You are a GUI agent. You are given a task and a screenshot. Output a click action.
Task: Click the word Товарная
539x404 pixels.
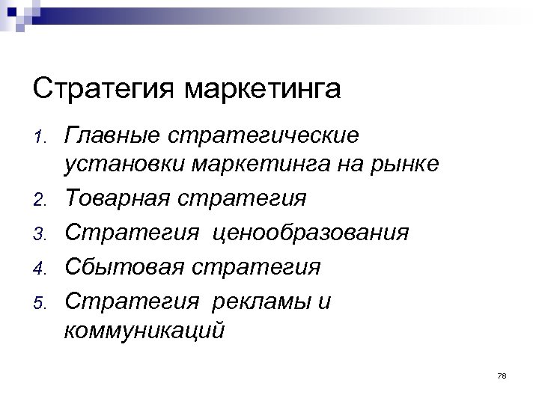[x=116, y=199]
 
